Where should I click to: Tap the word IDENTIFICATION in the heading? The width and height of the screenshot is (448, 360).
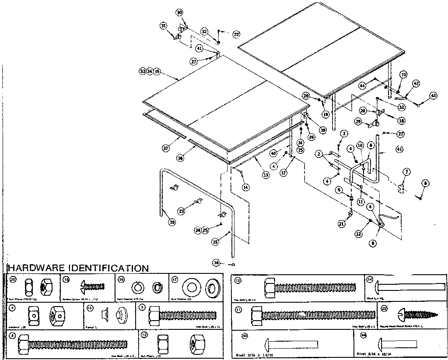tap(107, 268)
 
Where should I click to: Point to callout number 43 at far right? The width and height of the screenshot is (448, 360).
tap(433, 95)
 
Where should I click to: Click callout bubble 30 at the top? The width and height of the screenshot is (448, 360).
tap(179, 12)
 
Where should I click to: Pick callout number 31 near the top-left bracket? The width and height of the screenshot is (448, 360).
tap(163, 26)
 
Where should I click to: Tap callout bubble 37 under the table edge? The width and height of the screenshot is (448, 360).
tap(166, 149)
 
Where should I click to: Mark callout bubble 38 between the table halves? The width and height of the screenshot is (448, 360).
tap(323, 129)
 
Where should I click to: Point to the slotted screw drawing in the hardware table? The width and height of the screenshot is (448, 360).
tap(91, 287)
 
